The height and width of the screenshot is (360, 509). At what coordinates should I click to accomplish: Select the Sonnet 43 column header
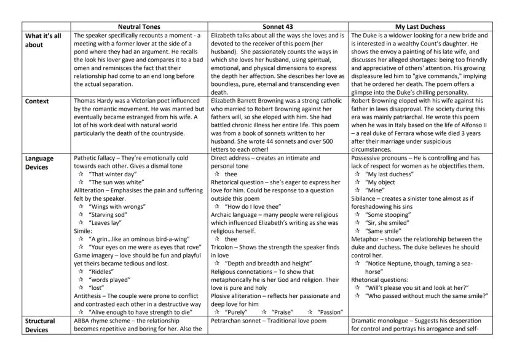pyautogui.click(x=278, y=27)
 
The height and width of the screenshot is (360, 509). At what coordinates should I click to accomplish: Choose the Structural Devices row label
pyautogui.click(x=41, y=324)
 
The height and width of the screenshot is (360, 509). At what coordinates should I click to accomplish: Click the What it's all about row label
pyautogui.click(x=42, y=40)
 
